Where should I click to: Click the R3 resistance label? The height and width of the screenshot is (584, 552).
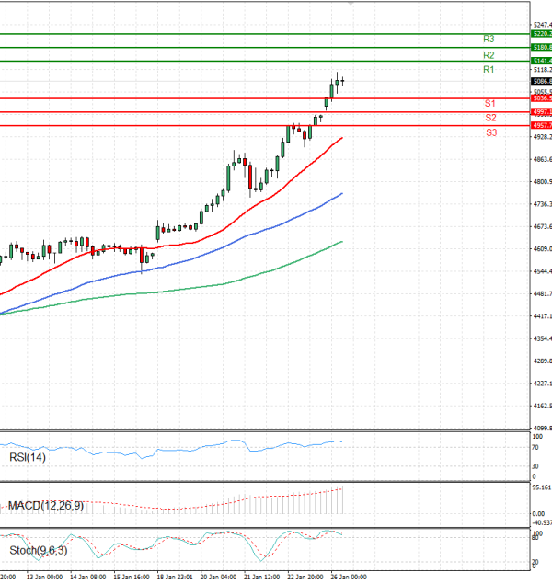pos(489,40)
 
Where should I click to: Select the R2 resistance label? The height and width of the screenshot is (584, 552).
pos(489,55)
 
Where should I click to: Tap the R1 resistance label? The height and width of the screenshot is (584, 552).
pos(489,70)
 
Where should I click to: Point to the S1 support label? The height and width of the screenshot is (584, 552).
pos(490,103)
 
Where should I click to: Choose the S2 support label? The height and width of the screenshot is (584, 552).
pos(490,118)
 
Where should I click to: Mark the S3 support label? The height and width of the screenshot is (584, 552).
pos(491,132)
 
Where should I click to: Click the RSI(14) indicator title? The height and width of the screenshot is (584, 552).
pos(28,457)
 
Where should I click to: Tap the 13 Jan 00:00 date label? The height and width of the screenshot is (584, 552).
pos(44,578)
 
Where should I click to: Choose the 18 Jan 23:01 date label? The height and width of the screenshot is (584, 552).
pos(176,578)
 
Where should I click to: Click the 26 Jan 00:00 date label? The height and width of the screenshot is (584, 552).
pos(350,578)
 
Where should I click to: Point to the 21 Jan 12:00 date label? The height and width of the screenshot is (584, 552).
pos(261,578)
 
